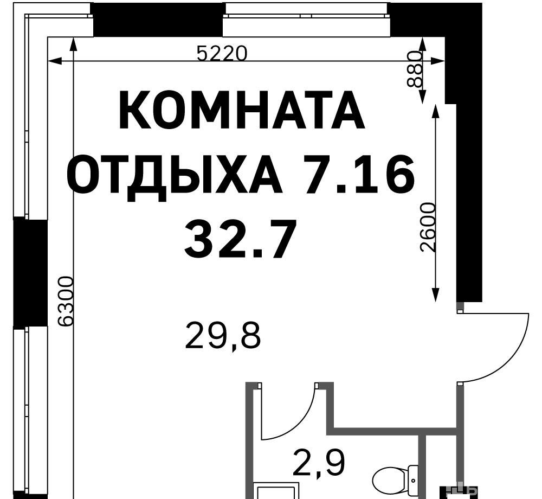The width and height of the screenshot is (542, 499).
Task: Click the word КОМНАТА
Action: [242, 110]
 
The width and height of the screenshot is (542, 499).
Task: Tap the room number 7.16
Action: [358, 174]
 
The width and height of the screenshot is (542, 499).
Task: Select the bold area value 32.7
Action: [241, 239]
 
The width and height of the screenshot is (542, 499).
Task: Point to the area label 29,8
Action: [223, 335]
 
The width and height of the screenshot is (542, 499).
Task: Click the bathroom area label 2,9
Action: [319, 463]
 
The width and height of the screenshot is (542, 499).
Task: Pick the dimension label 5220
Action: [222, 54]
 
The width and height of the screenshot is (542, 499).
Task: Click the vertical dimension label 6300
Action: [66, 301]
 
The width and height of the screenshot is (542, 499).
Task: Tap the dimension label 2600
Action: [428, 228]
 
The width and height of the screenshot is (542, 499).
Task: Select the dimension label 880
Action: [415, 69]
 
